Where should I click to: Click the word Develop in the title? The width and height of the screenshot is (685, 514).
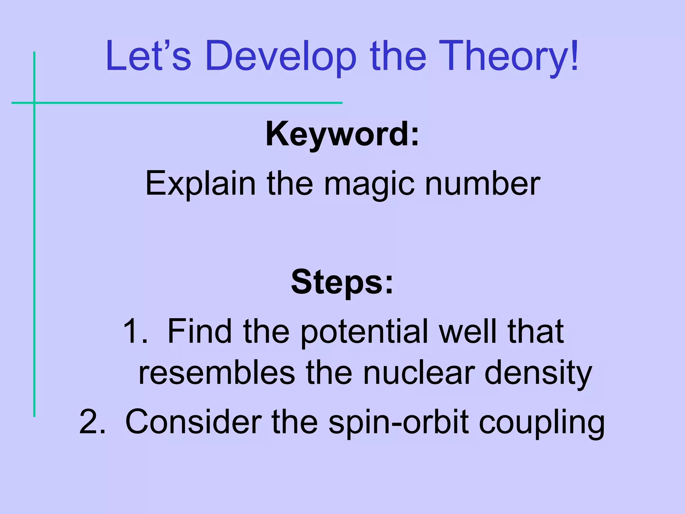pos(281,56)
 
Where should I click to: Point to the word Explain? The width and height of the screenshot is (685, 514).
pos(200,183)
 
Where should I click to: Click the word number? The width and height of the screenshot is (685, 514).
pos(483,183)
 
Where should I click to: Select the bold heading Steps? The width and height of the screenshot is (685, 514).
pos(342,282)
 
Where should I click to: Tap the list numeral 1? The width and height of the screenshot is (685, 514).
pos(134,331)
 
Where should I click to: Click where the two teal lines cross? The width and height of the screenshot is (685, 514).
pos(34,103)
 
